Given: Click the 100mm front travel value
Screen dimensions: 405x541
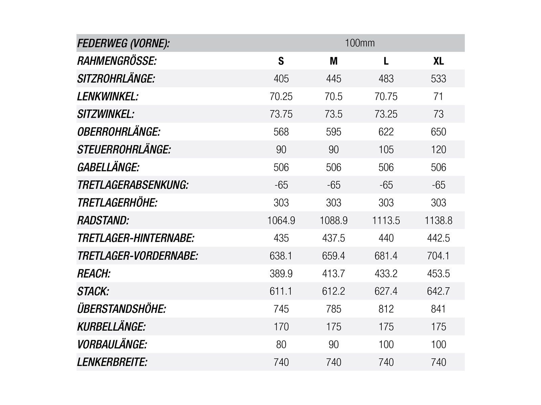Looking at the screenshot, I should point(360,43).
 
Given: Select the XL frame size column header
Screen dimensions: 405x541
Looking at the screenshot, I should point(439,61).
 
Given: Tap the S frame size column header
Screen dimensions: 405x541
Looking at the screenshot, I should point(281,61).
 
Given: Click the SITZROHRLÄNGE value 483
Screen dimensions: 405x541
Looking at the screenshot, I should point(386,79).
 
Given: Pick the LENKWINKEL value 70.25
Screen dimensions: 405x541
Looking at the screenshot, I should point(281,97).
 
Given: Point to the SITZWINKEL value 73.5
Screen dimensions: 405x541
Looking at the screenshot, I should point(333,114).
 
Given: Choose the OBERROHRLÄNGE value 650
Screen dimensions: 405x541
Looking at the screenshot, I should point(439,132).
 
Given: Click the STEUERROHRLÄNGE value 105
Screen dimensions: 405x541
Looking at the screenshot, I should point(386,150).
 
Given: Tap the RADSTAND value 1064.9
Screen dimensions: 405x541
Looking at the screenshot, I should point(281,220).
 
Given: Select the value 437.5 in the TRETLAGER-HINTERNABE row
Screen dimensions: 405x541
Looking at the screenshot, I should point(333,238).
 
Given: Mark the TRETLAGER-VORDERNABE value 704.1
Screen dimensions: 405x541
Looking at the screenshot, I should point(439,256).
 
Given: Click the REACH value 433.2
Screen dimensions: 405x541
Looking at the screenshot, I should point(386,274).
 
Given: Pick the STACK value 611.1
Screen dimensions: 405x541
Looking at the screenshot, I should point(281,291).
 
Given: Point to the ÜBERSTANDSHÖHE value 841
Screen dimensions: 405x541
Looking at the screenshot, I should point(439,309).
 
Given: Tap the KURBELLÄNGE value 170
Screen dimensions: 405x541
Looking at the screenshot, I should point(281,327).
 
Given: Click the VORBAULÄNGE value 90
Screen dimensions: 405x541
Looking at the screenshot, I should point(333,345).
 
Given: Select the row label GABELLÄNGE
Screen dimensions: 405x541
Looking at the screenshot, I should point(108,167).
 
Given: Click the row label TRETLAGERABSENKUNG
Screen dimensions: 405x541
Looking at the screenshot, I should point(133,185).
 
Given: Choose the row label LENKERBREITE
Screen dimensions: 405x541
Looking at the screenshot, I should point(112,362).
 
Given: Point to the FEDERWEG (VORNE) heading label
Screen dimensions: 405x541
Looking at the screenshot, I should point(123,44).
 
